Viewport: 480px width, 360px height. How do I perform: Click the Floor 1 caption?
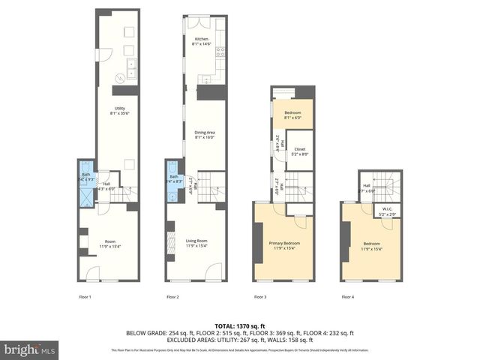point(85,298)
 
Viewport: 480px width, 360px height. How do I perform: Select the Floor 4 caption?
point(348,298)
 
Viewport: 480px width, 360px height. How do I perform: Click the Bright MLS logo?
point(30,349)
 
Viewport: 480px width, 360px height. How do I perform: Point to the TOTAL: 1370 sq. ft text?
point(239,325)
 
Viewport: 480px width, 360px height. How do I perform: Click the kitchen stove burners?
point(220,52)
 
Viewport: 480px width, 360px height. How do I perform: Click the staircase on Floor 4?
point(389,187)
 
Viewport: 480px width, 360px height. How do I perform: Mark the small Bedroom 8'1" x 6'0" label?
point(292,115)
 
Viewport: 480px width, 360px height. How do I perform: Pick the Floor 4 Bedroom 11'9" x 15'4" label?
point(373,246)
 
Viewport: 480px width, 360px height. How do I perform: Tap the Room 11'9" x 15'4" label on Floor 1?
point(109,243)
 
